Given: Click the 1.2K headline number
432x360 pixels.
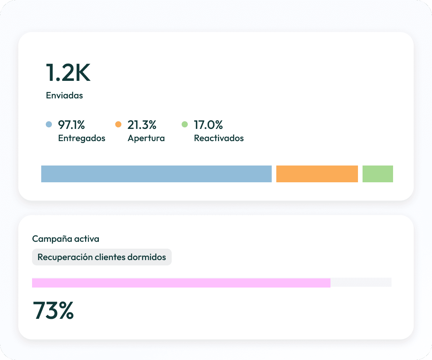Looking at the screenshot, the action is coord(68,72).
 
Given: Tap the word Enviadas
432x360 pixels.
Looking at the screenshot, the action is coord(64,95).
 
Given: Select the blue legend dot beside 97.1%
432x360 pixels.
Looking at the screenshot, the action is coord(49,124).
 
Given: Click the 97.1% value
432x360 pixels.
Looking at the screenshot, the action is coord(71,125).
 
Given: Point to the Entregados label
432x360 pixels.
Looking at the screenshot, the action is coord(82,138).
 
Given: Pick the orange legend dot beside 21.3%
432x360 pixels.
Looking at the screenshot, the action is coord(118,124).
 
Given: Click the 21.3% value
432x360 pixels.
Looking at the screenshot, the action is coord(142,125).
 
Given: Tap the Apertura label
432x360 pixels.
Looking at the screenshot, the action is coord(146,138).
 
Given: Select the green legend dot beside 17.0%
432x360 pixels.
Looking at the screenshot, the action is coord(185,124).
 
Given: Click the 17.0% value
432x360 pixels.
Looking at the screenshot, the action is coord(208,125).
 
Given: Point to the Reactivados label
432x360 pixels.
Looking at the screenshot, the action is coord(219,138).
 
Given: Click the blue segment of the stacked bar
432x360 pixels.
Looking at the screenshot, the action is coord(156,174).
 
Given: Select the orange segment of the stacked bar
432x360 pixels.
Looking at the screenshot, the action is coord(317,174).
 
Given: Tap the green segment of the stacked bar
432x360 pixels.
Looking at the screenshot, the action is coord(378,174).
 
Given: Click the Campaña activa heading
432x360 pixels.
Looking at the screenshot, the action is coord(66,239).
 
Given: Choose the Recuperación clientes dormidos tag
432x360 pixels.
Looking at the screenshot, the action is coord(102,257).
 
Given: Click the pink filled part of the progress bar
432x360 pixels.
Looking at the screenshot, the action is coord(181,283).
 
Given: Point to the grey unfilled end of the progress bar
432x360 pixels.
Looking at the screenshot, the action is coord(361,283).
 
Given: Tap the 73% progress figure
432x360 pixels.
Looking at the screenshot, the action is coord(53,310).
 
